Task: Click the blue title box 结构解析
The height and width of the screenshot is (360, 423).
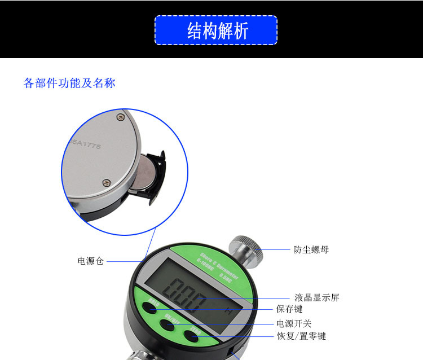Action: click(216, 30)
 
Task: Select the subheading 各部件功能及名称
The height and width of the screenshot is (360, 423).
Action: click(69, 84)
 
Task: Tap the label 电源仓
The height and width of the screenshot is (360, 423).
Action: click(90, 261)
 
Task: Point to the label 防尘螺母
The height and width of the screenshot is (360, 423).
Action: click(311, 249)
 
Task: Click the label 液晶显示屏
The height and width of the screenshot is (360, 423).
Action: click(317, 297)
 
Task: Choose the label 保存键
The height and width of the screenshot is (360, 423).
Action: click(289, 309)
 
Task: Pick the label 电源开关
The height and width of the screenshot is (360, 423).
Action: click(294, 323)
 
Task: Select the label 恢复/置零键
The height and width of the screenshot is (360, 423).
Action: click(301, 336)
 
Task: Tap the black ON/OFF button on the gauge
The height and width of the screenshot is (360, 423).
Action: click(168, 324)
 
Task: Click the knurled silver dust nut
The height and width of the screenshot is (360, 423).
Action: click(246, 249)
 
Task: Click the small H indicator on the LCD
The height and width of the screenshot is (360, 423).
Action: click(228, 310)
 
